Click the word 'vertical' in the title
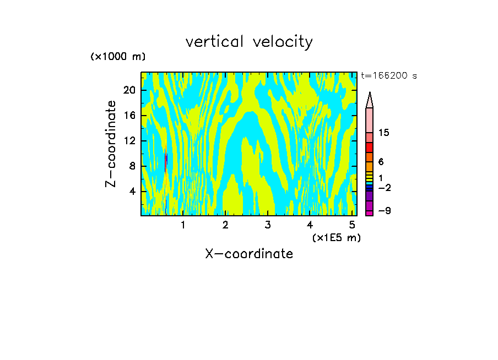[x=215, y=42]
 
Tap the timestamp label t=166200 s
[x=388, y=76]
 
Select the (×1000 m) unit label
[x=118, y=57]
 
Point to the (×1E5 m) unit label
[x=336, y=237]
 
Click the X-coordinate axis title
[x=249, y=254]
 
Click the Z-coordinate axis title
[x=111, y=144]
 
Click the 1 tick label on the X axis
[x=183, y=225]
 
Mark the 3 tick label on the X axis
[x=267, y=225]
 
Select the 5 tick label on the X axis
[x=352, y=225]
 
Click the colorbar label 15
[x=384, y=133]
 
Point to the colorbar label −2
[x=384, y=188]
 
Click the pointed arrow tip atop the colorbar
[x=370, y=100]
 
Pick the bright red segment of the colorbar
[x=370, y=148]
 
